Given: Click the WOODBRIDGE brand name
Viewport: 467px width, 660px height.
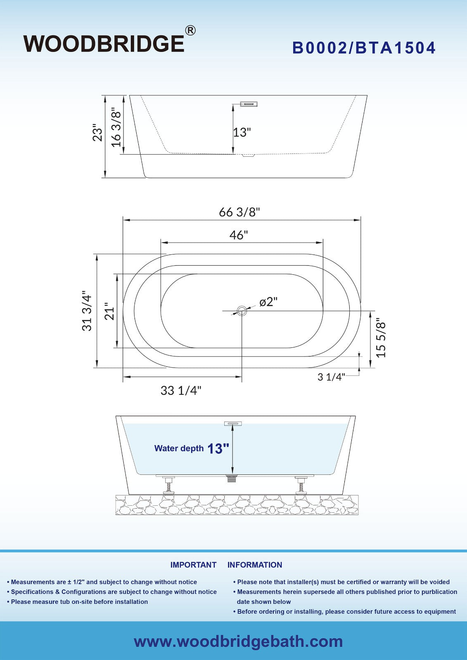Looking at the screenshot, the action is coord(104,44).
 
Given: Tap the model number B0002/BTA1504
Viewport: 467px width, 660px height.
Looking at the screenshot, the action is coord(364,48).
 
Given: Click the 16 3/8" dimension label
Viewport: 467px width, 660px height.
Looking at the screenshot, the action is coord(116,127).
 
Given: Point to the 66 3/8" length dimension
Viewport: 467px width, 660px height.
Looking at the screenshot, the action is coord(239,212).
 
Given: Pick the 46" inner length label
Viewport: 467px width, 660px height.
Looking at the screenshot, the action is coord(238,235).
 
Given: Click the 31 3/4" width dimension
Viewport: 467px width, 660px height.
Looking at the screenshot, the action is coord(87,311).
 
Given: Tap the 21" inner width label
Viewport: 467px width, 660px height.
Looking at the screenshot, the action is coord(109,311).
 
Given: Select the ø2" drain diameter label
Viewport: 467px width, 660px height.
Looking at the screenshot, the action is coord(268,302).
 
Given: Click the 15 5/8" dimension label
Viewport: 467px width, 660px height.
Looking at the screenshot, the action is coord(381,339).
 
